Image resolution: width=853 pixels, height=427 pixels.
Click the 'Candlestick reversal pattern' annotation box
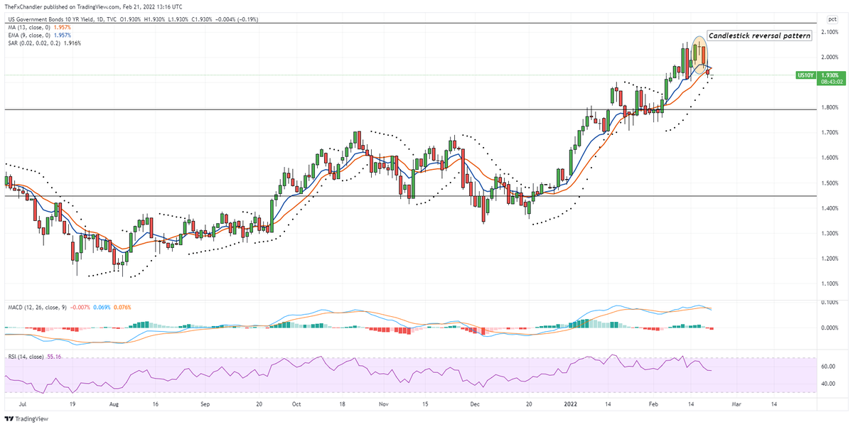point(759,36)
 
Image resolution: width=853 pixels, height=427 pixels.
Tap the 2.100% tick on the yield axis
point(830,32)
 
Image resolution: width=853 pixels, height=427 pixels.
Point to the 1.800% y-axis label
point(830,107)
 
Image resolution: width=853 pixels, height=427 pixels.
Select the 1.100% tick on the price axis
point(830,283)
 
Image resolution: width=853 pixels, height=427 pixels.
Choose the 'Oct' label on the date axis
point(296,404)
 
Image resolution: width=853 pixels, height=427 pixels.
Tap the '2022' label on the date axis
point(570,404)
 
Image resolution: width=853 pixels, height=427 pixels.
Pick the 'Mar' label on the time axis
point(736,404)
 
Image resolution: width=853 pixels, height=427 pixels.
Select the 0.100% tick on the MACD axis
point(830,303)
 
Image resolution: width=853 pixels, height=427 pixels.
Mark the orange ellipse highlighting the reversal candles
point(697,54)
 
